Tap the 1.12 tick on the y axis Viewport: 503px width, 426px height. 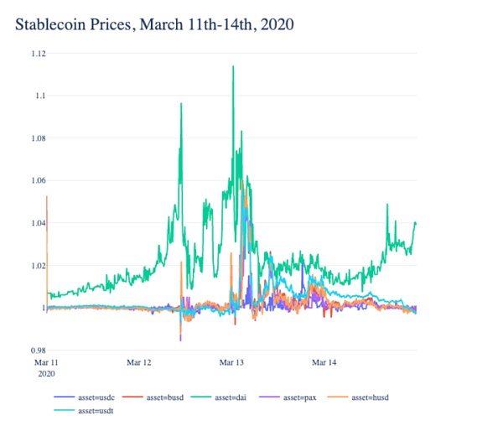point(36,54)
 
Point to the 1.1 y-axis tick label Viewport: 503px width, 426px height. point(39,96)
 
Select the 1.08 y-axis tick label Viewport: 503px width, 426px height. point(36,138)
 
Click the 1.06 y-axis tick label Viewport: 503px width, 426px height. point(36,181)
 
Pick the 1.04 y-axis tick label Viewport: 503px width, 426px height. point(36,223)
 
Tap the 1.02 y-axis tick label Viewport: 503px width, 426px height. point(36,266)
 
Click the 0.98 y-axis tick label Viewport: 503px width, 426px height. point(36,351)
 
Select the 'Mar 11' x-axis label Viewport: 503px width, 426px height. point(46,363)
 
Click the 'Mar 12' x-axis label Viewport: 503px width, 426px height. point(139,363)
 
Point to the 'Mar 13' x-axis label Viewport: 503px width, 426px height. point(231,363)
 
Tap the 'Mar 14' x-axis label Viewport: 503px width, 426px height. point(324,363)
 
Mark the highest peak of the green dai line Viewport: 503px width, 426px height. point(232,66)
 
